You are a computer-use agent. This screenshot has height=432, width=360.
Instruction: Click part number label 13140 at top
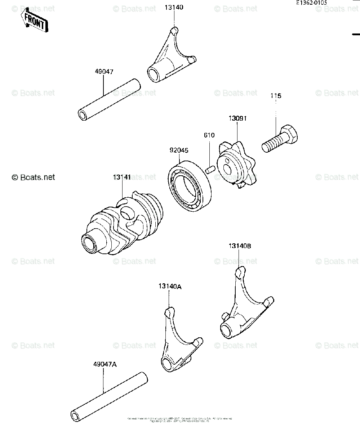tap(174, 7)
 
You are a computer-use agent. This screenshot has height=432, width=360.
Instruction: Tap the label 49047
tap(104, 72)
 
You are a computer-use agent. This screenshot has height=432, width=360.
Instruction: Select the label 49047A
tap(105, 364)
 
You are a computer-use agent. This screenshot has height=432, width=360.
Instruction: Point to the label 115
tap(276, 96)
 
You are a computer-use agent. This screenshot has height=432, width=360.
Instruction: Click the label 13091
tap(237, 118)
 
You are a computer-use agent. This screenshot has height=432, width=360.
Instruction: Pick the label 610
tap(209, 135)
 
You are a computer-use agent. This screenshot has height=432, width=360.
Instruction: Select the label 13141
tap(122, 177)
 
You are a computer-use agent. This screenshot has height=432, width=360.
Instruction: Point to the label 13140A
tap(169, 287)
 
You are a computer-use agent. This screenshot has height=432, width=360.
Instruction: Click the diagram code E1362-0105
tap(312, 2)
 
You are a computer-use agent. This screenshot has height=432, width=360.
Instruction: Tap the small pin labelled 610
tap(210, 168)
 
